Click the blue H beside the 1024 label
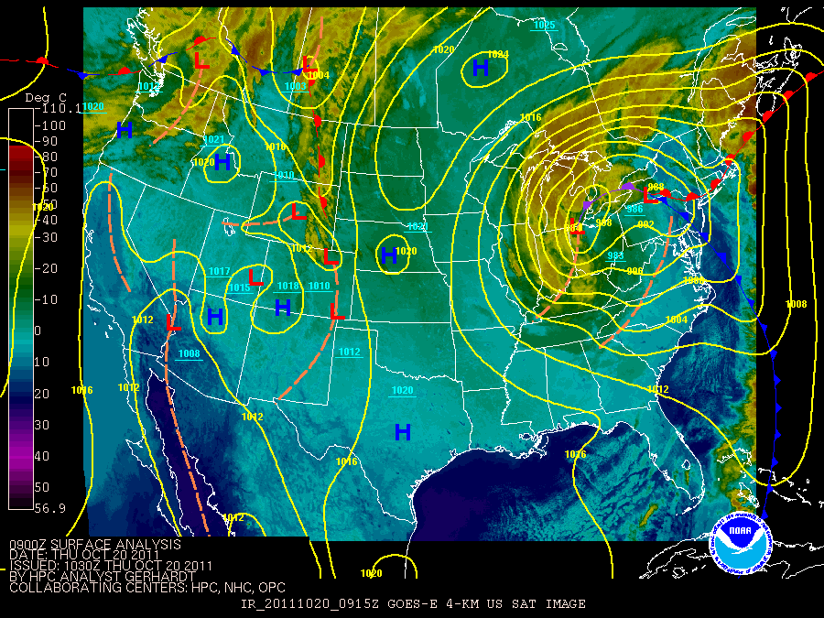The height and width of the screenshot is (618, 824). click(481, 68)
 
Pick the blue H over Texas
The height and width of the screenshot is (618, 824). click(402, 431)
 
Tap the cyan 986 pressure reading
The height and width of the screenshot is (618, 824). click(634, 209)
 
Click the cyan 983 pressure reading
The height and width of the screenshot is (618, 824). click(615, 255)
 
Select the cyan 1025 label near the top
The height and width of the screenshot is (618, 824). click(544, 26)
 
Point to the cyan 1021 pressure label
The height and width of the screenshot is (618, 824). click(213, 139)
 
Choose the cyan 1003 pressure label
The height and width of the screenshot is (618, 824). click(296, 86)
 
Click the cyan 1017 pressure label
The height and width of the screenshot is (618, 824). click(219, 271)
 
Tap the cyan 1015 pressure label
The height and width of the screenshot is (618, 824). click(239, 288)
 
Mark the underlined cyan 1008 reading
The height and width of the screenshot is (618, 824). click(190, 353)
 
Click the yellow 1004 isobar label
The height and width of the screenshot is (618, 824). click(677, 319)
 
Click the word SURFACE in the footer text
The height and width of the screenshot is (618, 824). click(74, 544)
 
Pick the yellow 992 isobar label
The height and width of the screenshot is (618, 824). click(646, 224)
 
